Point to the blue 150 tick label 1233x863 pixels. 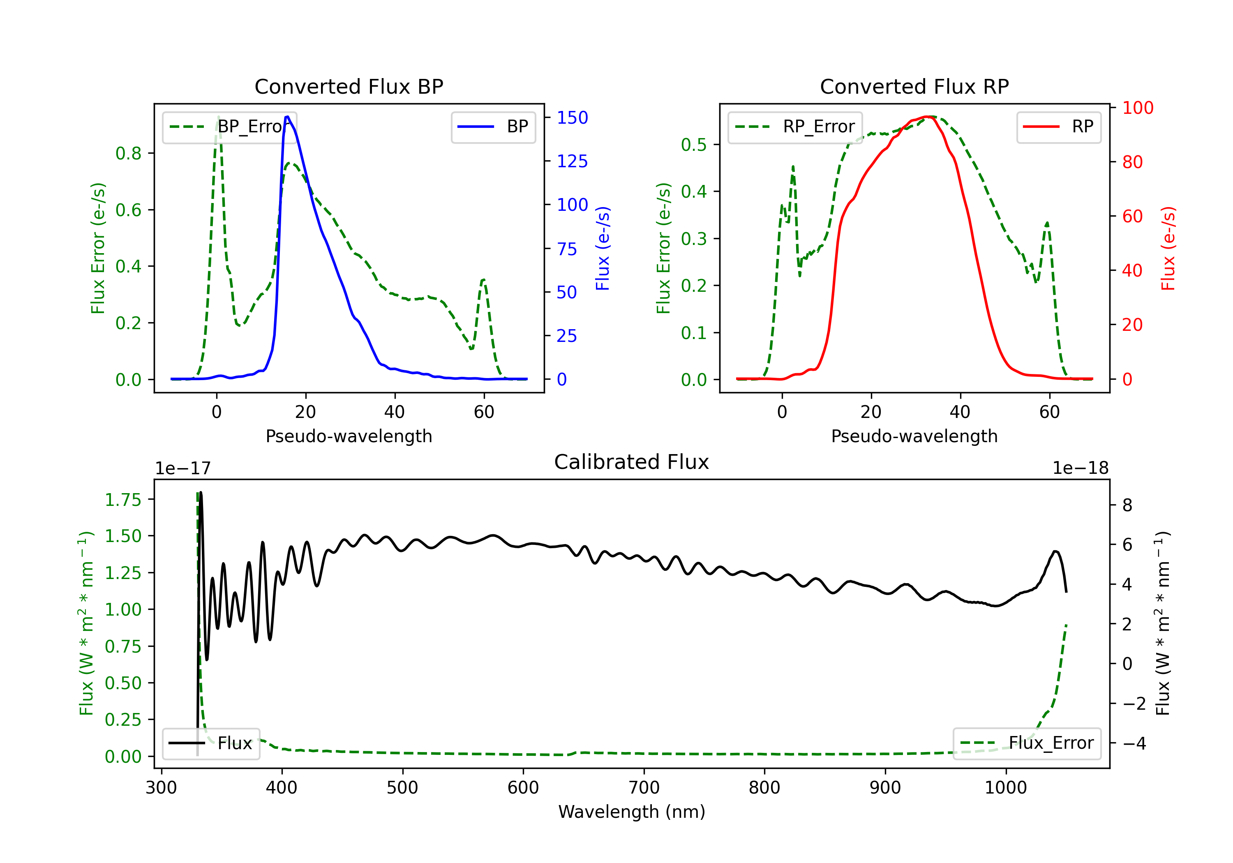tap(572, 118)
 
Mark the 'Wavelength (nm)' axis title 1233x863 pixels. tap(632, 812)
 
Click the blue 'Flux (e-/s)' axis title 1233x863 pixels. tap(603, 248)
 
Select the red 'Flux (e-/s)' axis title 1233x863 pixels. tap(1168, 248)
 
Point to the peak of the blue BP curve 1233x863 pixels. tap(287, 117)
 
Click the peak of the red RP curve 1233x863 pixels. tap(928, 117)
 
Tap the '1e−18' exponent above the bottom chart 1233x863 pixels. tap(1080, 468)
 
